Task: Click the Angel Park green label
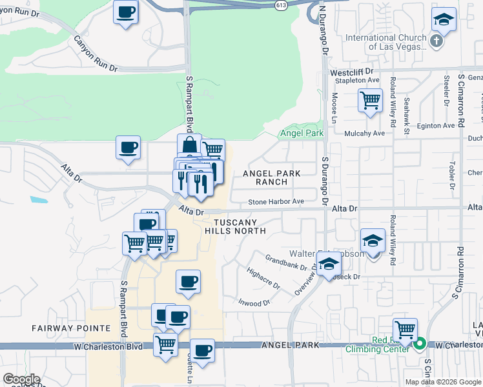(301, 134)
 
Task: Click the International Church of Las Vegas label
(386, 42)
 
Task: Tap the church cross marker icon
(437, 42)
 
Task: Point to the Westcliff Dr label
(352, 72)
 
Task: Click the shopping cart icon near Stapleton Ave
(370, 100)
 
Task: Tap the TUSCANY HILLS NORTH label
(235, 226)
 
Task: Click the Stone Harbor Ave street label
(276, 202)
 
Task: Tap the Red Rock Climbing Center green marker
(419, 344)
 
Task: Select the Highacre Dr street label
(263, 278)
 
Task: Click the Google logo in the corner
(21, 379)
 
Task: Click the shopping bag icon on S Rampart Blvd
(189, 145)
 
